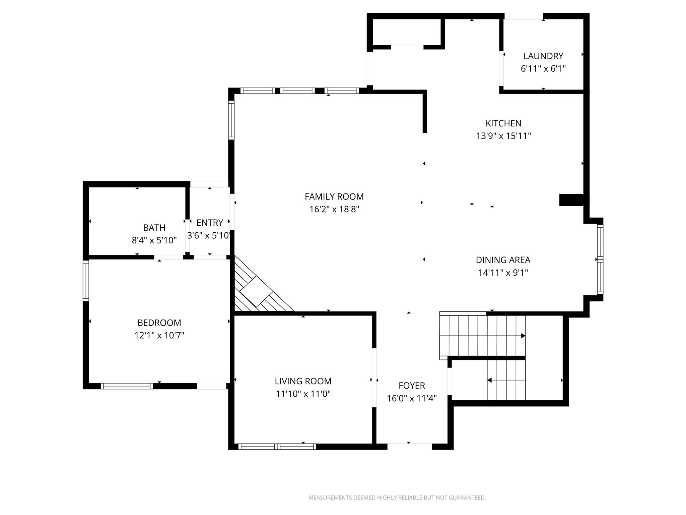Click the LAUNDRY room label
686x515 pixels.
543,56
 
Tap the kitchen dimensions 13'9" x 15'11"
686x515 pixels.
503,136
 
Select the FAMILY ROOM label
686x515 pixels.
334,196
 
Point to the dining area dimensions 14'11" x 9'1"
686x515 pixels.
503,273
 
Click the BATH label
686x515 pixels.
154,228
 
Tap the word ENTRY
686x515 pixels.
210,223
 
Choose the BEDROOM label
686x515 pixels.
159,323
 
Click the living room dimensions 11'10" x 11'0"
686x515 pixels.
303,394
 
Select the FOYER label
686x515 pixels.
412,386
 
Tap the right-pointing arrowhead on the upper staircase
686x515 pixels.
523,336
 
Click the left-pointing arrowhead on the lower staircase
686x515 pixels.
489,380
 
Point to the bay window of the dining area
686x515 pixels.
600,259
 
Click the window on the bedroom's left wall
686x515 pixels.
86,280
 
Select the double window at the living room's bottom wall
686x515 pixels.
277,446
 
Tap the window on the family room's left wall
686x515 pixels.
231,120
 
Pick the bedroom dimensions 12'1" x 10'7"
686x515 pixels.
159,335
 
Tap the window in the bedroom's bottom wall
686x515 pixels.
127,386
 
